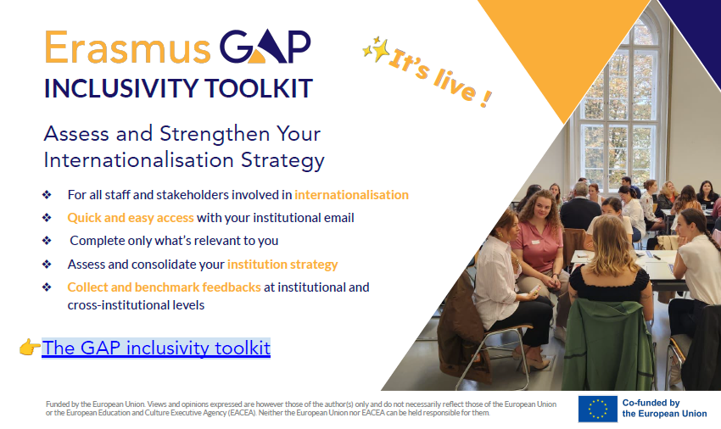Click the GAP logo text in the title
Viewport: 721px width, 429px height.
pos(265,47)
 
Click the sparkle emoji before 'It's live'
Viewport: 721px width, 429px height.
pos(374,50)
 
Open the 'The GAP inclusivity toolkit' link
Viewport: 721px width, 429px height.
pos(156,348)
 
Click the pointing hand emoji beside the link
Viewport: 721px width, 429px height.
pos(30,348)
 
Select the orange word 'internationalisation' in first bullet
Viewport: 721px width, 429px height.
pos(351,195)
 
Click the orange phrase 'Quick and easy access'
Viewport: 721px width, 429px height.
pos(131,218)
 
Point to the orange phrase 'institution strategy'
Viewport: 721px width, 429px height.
pos(282,264)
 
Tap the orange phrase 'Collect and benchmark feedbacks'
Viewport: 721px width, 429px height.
pos(164,287)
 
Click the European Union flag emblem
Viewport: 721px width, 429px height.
pos(597,409)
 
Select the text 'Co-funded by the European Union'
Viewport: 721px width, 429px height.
pos(663,408)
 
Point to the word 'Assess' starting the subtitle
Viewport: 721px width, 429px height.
pos(75,134)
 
